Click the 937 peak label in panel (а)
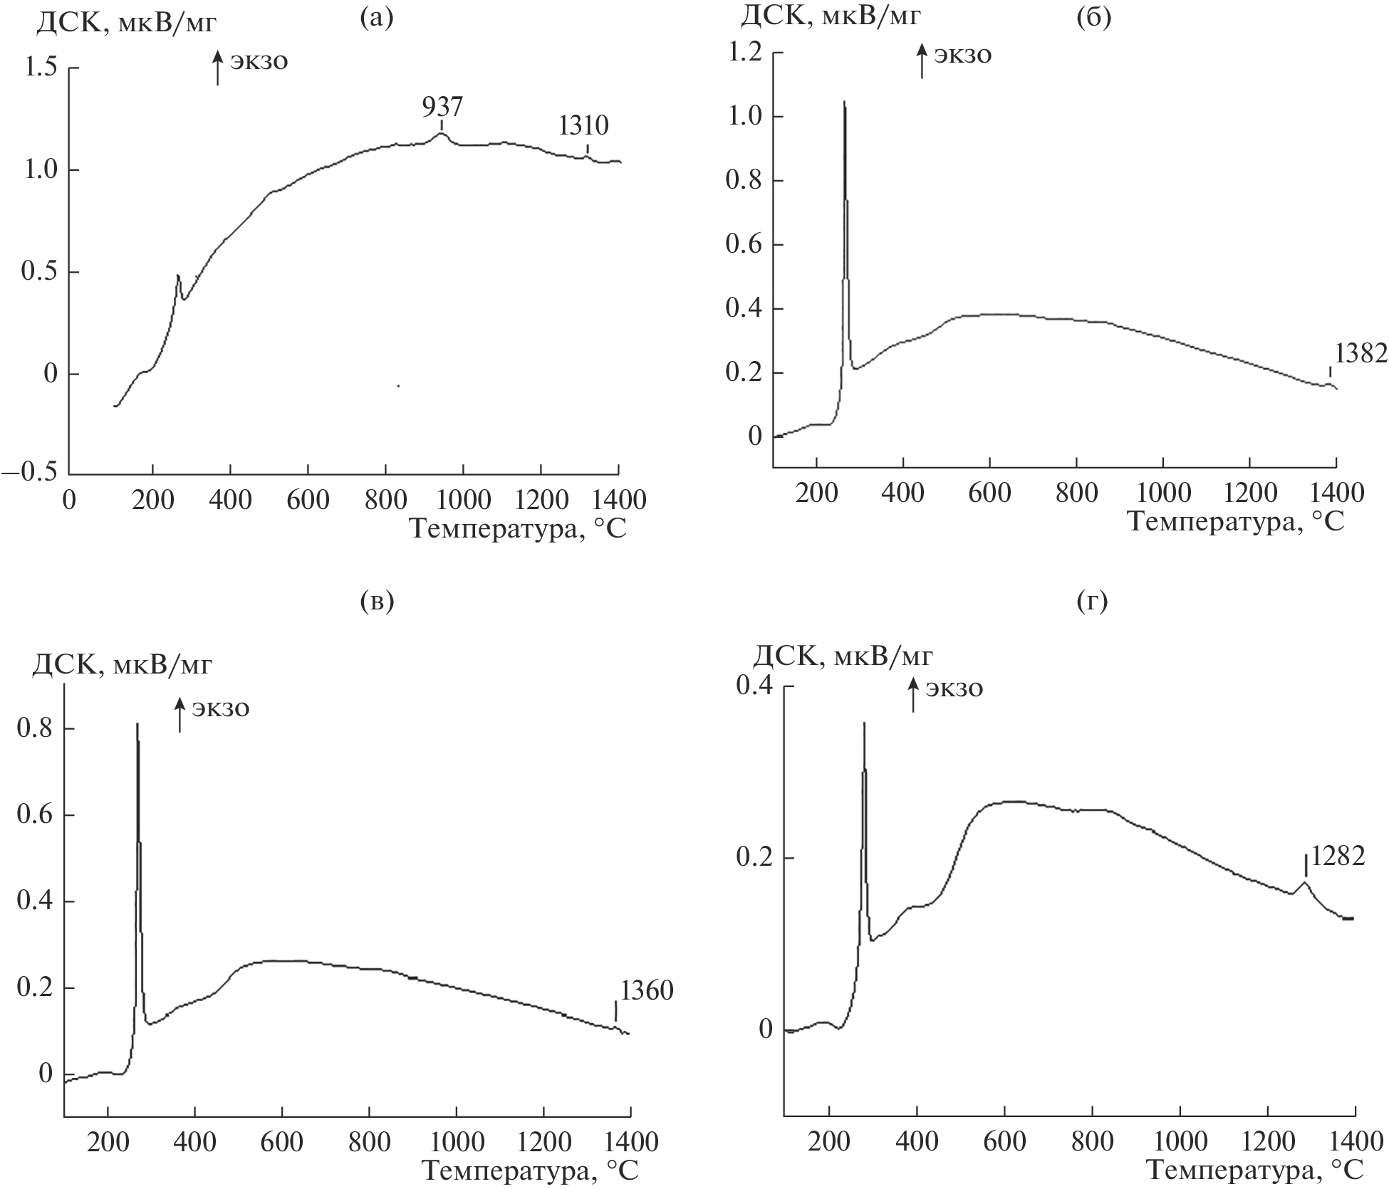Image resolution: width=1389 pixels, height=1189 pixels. (442, 107)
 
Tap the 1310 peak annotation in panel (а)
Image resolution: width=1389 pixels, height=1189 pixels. (583, 126)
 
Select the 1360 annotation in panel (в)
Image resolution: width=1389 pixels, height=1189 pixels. (646, 990)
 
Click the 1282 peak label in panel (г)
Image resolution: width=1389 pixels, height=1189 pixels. (1338, 857)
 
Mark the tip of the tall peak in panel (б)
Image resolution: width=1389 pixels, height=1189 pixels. (844, 103)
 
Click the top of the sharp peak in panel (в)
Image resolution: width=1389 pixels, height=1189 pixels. (137, 725)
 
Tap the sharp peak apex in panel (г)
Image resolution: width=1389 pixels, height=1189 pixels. (864, 723)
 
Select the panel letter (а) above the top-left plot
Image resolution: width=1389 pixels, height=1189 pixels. (377, 19)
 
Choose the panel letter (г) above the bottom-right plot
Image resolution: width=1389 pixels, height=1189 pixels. (1093, 602)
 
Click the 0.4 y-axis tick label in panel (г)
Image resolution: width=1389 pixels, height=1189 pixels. (755, 686)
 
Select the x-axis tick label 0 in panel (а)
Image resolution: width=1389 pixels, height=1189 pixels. (69, 500)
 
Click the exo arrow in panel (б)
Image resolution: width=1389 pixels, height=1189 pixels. (922, 61)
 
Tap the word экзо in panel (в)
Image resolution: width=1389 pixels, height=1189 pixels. (222, 709)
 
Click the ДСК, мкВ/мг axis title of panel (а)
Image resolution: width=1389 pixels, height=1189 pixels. (126, 25)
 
